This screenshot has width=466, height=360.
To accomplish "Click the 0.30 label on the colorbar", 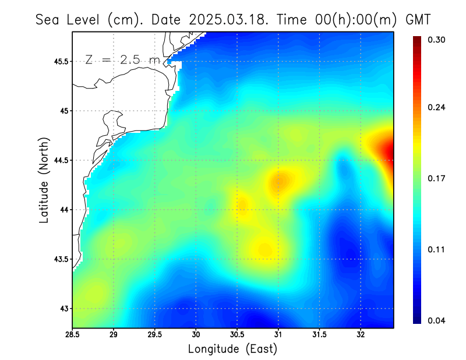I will (x=437, y=40).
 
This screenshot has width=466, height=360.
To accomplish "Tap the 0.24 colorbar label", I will (x=437, y=107).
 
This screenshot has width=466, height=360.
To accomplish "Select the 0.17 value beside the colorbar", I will (x=437, y=178).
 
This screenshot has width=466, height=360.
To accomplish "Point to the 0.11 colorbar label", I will (x=437, y=249).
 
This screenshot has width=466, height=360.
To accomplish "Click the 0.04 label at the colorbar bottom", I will (x=437, y=320).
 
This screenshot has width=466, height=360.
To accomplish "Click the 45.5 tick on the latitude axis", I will (x=59, y=61).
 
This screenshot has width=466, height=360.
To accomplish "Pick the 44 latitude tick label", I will (x=63, y=210).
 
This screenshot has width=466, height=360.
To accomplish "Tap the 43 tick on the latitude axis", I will (x=63, y=308).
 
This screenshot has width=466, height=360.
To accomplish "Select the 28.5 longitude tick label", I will (x=73, y=334).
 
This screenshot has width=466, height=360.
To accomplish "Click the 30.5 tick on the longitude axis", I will (x=237, y=334).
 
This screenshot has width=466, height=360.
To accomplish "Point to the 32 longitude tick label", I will (x=361, y=334).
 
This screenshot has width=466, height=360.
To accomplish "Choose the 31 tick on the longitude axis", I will (x=278, y=334).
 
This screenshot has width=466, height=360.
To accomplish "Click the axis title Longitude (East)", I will (x=232, y=349).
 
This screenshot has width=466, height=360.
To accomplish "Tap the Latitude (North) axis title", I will (x=44, y=179).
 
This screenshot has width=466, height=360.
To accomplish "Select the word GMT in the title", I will (x=418, y=19).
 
